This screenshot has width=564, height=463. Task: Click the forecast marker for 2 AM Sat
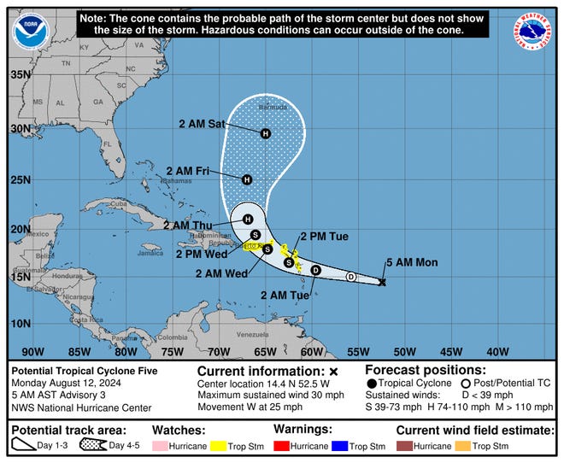coord(266,133)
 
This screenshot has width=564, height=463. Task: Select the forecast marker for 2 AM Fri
coord(247,179)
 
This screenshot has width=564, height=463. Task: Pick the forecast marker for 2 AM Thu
coord(248,220)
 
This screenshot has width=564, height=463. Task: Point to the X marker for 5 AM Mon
coord(382,282)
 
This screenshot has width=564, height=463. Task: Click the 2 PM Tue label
coord(324,236)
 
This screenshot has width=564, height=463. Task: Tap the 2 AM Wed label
coord(221,273)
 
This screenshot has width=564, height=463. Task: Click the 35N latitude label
coord(20,73)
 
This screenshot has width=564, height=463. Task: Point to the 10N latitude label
coord(20,323)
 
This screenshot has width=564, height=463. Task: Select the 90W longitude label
coord(32,351)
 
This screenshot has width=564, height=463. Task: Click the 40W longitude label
coord(496,351)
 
